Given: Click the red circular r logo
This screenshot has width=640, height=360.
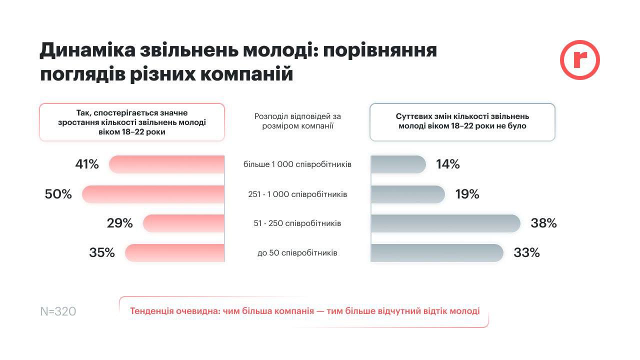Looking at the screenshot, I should (x=579, y=60).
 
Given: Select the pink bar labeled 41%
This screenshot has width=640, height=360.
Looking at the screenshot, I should (x=166, y=164).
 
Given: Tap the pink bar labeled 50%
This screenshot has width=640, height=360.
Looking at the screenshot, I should (x=153, y=194).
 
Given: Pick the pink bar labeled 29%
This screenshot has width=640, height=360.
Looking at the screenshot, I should (x=183, y=223).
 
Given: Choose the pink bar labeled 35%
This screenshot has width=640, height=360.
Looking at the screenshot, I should (x=174, y=253).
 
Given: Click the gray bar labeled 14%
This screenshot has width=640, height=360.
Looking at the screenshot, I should (x=398, y=164).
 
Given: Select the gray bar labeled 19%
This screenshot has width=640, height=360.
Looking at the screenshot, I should (x=407, y=194).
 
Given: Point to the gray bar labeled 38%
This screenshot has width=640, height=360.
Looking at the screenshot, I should (x=445, y=223).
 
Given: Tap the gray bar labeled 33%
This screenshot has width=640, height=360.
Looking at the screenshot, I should (x=436, y=253).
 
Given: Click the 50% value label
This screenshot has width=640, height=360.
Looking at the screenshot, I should (x=58, y=194).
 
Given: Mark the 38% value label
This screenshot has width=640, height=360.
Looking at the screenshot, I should (x=543, y=223).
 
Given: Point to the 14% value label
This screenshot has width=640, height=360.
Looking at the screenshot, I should (x=447, y=164).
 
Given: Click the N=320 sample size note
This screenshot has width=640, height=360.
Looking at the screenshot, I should (x=58, y=311).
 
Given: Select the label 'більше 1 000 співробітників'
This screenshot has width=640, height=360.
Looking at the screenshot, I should (x=297, y=164).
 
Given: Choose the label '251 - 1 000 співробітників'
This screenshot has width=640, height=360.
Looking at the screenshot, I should (x=297, y=194).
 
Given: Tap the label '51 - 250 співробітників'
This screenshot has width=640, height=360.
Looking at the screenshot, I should (x=297, y=223).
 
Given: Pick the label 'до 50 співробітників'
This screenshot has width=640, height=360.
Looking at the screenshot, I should (x=297, y=253).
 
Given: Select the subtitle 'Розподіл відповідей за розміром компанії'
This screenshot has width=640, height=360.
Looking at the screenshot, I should (x=297, y=121).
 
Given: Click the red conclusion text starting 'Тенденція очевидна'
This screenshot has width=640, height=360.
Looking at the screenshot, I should (x=304, y=311).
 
